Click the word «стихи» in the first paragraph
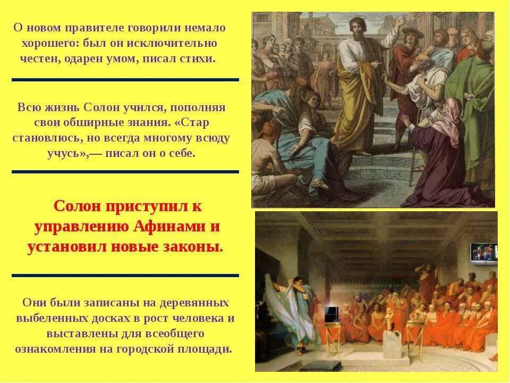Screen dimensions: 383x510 (x=198, y=59)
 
